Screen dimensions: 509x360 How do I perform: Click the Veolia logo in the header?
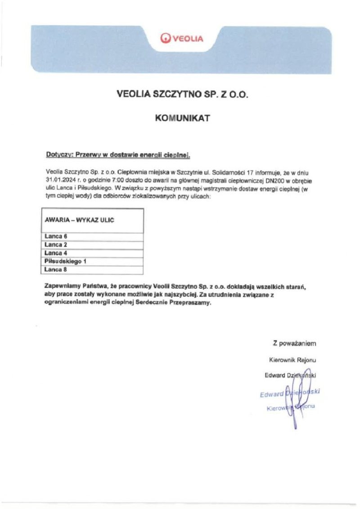click(x=182, y=39)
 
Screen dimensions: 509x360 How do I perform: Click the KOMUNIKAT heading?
click(x=182, y=118)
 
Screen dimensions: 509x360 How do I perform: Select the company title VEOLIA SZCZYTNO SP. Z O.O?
click(x=182, y=95)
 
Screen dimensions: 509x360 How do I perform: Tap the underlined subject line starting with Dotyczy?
click(x=118, y=155)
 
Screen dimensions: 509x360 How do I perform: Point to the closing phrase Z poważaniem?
click(x=294, y=343)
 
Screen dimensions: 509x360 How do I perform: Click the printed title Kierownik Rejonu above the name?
click(x=292, y=360)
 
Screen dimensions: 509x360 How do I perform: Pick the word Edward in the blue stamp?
click(x=272, y=394)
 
